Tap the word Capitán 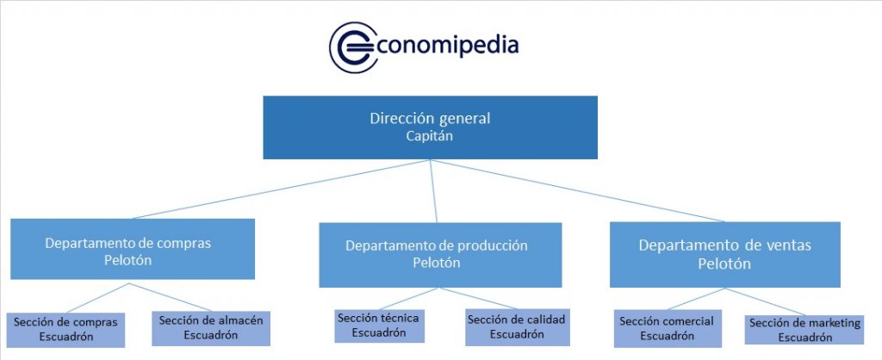[430, 135]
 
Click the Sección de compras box [65, 328]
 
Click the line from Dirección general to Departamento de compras [284, 189]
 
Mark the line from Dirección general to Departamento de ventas [577, 190]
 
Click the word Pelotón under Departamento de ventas [724, 264]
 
